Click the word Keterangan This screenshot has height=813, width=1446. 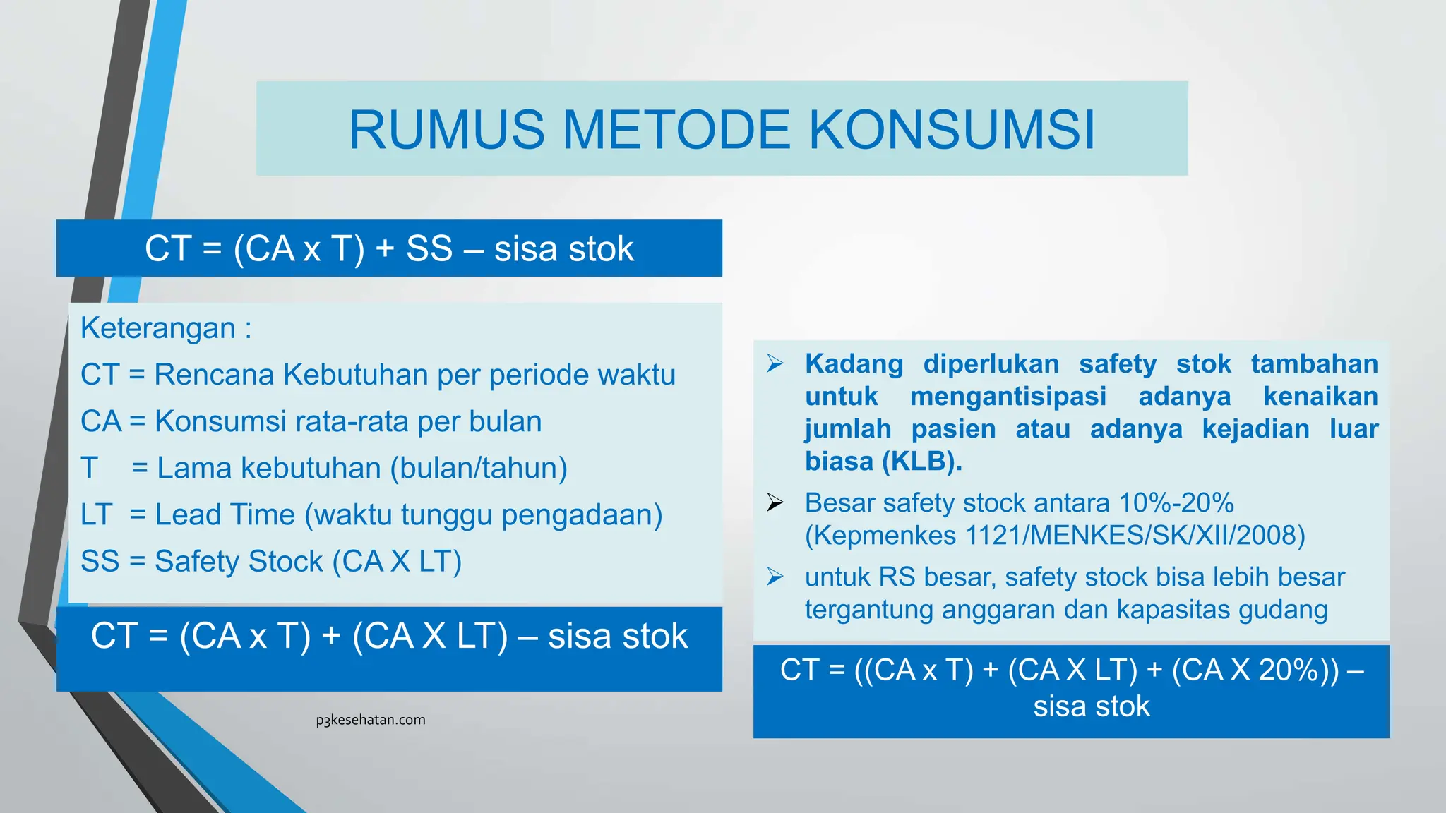(157, 328)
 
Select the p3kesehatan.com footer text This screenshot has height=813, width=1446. (371, 720)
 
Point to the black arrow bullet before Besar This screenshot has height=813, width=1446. (775, 502)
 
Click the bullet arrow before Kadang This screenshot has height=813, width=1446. (775, 363)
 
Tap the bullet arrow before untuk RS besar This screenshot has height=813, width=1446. (775, 577)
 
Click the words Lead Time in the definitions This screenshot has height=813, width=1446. (225, 514)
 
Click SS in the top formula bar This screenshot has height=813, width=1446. (429, 249)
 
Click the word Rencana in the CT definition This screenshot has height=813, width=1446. (214, 375)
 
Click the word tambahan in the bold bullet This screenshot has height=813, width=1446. (1314, 364)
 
